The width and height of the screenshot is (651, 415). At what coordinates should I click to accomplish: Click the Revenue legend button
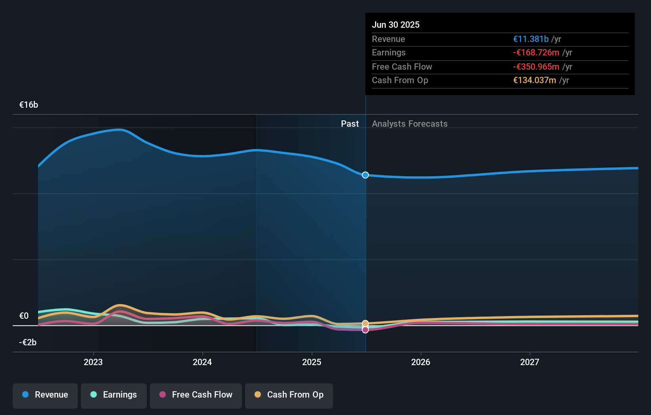[x=45, y=395]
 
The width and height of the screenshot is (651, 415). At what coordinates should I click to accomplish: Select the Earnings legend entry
[x=114, y=395]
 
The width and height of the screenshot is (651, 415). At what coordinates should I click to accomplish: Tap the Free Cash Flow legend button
[x=196, y=395]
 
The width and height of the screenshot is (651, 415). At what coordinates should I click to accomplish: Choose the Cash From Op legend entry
[x=289, y=395]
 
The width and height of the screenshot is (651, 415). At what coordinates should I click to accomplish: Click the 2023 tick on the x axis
[x=93, y=362]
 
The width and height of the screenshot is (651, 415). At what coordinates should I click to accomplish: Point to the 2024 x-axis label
[x=202, y=362]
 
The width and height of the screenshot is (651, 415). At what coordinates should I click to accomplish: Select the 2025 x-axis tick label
[x=312, y=362]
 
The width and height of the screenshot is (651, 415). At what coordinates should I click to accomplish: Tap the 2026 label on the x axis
[x=421, y=362]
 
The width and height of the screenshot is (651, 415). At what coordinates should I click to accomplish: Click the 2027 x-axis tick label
[x=530, y=362]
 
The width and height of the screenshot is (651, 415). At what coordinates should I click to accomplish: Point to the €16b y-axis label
[x=29, y=105]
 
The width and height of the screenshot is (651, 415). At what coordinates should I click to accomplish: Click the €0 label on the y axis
[x=24, y=316]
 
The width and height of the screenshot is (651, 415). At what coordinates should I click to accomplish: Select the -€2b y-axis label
[x=28, y=343]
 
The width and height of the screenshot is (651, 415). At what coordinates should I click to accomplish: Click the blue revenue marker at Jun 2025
[x=366, y=175]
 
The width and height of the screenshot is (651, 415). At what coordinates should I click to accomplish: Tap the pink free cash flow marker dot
[x=366, y=330]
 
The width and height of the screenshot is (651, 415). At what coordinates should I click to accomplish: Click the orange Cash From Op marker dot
[x=366, y=324]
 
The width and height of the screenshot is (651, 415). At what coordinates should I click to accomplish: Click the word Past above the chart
[x=350, y=124]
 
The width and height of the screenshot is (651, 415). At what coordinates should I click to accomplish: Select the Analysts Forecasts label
[x=410, y=124]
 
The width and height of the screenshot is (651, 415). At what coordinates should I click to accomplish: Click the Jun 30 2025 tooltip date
[x=396, y=25]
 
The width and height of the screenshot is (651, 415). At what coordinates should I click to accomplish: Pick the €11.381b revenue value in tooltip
[x=530, y=39]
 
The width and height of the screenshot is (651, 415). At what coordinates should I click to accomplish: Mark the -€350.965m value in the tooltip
[x=536, y=67]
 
